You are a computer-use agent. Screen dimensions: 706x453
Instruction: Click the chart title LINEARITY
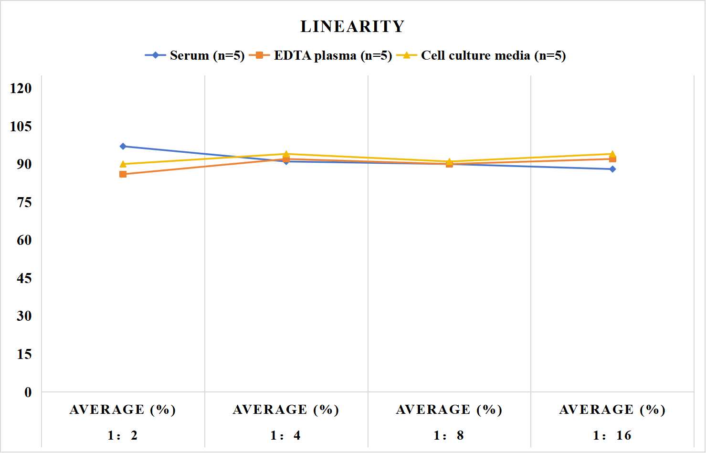click(352, 26)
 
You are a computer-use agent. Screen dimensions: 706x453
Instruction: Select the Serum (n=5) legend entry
click(195, 55)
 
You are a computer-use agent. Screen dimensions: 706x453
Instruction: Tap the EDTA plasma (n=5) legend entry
click(320, 55)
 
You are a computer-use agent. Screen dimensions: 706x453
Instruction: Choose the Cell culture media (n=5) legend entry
click(481, 55)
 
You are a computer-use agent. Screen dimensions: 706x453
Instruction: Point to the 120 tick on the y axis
click(21, 88)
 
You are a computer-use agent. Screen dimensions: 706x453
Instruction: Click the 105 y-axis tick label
click(21, 126)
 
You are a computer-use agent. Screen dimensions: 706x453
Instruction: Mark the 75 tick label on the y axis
click(24, 202)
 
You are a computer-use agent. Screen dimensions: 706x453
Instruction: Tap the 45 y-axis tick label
click(24, 278)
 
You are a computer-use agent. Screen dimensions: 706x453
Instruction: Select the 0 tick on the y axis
click(28, 392)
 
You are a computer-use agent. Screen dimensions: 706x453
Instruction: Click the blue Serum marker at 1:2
click(123, 146)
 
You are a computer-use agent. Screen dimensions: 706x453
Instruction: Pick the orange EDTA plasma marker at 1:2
click(123, 174)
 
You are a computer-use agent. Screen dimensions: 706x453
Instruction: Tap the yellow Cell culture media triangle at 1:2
click(123, 164)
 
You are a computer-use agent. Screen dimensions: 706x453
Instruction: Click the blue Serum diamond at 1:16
click(612, 169)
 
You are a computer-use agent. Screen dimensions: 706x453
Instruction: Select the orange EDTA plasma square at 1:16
click(612, 159)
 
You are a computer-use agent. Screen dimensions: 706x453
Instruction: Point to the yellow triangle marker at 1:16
click(612, 154)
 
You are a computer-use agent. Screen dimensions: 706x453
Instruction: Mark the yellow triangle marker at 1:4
click(286, 154)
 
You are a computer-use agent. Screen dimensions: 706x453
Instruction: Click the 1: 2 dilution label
click(123, 436)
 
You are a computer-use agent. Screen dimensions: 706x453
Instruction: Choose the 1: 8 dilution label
click(449, 436)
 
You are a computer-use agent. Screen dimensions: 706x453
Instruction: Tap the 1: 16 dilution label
click(612, 436)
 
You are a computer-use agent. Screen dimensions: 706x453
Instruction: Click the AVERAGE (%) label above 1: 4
click(286, 410)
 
